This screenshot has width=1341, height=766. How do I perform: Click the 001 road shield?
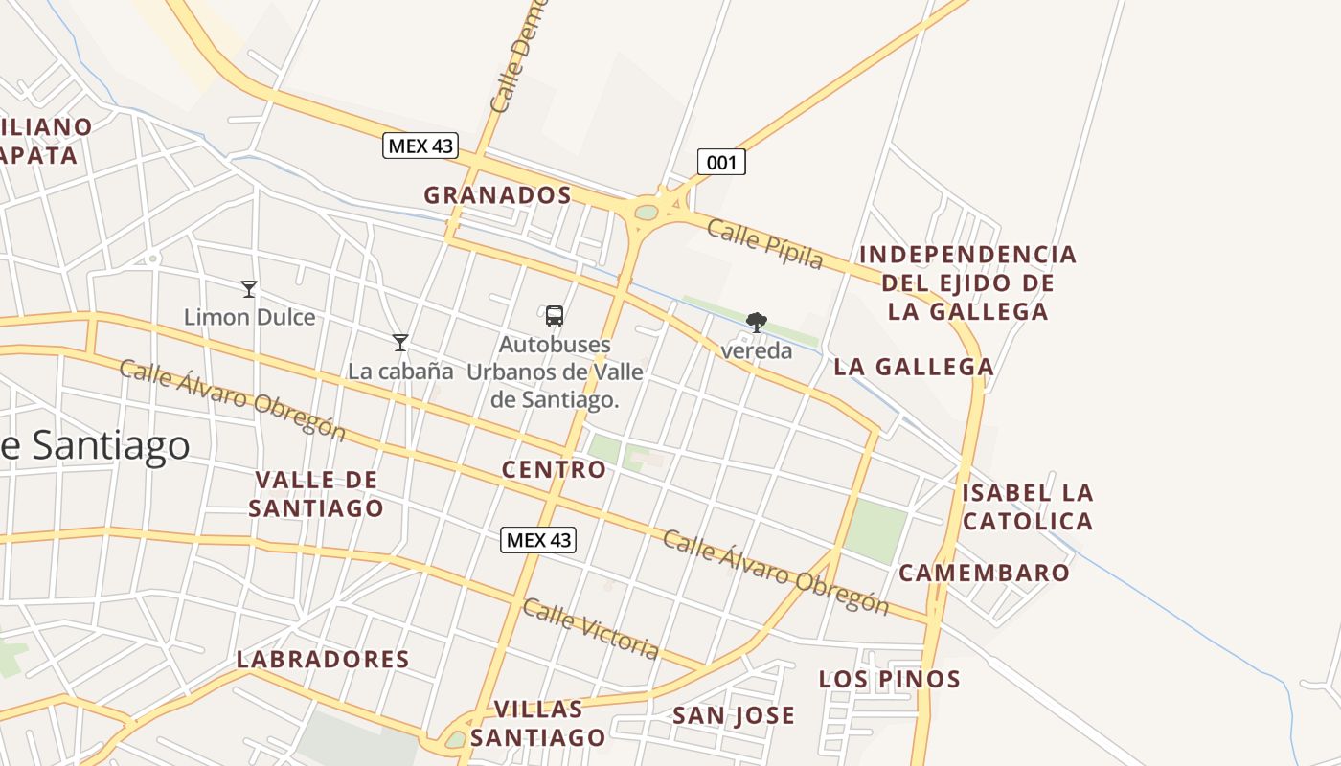(720, 163)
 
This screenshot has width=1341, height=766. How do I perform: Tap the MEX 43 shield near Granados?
(420, 146)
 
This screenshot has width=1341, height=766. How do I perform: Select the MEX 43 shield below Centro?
(538, 540)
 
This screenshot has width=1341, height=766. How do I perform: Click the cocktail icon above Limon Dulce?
(249, 288)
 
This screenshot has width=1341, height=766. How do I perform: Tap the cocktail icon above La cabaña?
(400, 342)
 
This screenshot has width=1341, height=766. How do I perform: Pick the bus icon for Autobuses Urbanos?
(554, 316)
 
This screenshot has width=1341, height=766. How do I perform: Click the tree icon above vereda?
(757, 322)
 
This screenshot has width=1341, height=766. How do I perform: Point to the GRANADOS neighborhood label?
(497, 195)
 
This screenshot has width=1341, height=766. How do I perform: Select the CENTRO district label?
(554, 470)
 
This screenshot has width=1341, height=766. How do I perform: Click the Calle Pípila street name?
(765, 243)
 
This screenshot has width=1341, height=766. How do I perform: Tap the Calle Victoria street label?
(591, 629)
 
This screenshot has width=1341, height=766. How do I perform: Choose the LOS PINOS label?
(889, 680)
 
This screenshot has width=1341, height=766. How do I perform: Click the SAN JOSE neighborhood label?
(733, 715)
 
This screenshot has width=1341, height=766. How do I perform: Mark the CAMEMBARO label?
(984, 573)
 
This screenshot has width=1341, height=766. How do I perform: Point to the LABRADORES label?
(323, 660)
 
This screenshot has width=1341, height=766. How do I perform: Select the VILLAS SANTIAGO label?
(538, 723)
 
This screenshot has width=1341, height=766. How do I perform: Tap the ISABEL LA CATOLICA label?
(1028, 507)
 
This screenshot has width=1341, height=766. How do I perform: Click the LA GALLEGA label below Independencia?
(913, 367)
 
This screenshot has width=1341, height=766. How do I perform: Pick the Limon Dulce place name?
(249, 317)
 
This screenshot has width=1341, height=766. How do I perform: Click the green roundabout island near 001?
(647, 212)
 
